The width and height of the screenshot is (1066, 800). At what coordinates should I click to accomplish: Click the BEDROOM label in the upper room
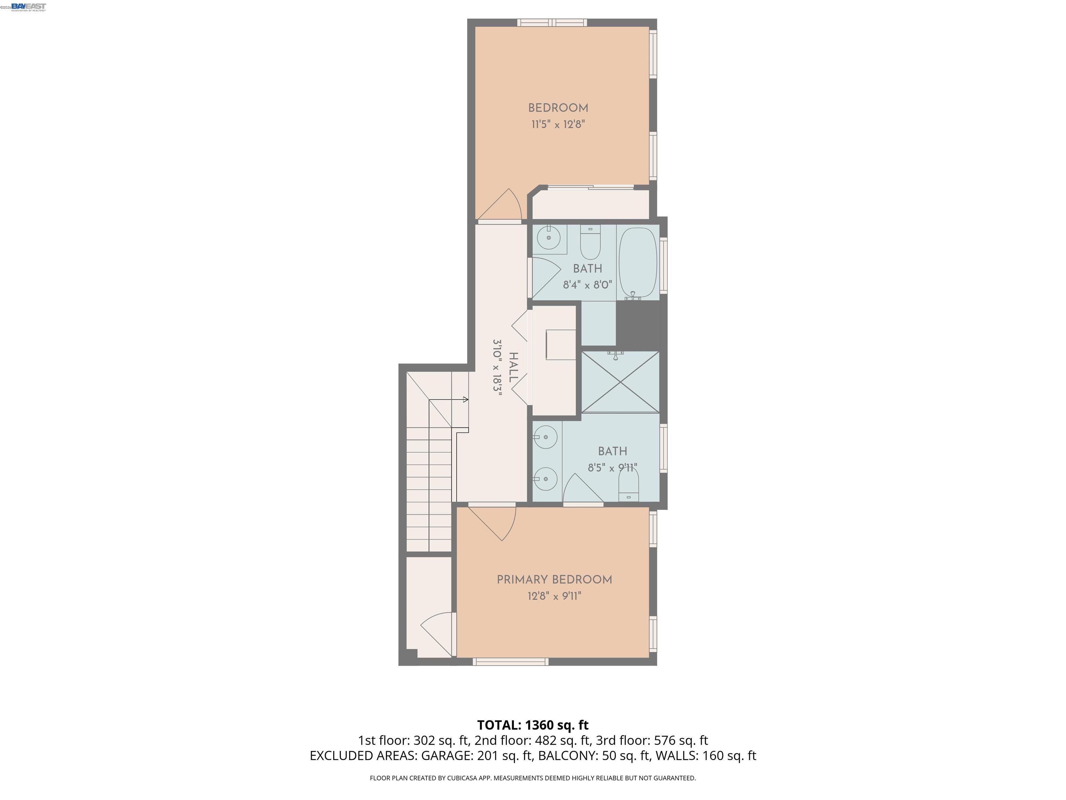[558, 108]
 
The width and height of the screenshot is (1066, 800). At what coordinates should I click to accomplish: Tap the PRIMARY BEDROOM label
[554, 580]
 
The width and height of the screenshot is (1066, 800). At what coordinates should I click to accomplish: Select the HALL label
[514, 367]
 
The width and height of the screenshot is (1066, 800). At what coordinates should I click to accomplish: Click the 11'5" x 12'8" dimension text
[558, 124]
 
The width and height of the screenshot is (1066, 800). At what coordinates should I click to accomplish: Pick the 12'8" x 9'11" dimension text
[554, 596]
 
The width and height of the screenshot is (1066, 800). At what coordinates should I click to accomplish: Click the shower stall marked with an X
[620, 382]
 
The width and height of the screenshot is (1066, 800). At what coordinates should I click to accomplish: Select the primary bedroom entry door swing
[492, 523]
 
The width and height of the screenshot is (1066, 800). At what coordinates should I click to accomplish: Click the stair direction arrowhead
[466, 399]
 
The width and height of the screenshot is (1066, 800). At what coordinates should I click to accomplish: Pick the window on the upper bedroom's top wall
[552, 22]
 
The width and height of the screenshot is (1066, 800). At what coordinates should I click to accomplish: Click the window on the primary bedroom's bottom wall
[510, 661]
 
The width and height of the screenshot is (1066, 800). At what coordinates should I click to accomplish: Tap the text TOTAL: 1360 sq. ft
[533, 725]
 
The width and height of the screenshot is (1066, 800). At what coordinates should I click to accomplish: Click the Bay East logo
[28, 6]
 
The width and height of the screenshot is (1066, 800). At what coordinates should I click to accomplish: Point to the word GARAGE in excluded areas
[446, 756]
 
